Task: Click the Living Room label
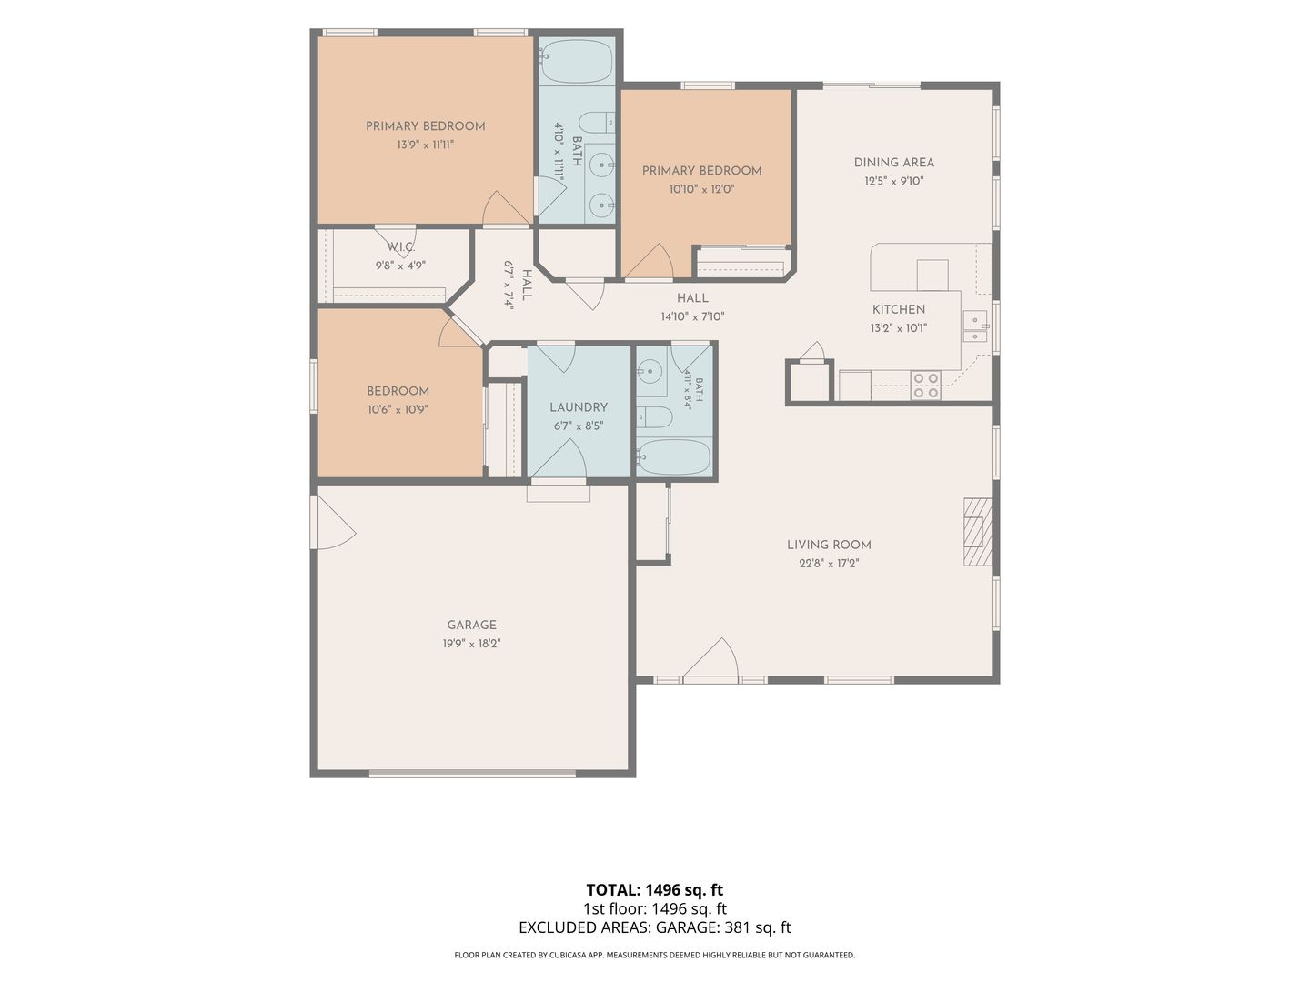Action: point(829,545)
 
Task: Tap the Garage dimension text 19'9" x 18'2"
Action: point(471,644)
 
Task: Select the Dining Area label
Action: point(893,162)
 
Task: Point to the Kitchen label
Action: point(898,309)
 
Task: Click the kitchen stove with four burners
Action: point(926,385)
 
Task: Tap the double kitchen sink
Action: point(974,326)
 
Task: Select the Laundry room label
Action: point(579,407)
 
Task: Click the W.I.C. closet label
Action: point(400,246)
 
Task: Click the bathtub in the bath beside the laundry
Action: point(673,456)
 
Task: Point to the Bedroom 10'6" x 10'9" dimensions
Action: point(398,409)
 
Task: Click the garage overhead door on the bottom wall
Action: point(472,773)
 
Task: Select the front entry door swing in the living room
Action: point(710,658)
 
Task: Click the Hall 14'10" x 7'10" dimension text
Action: point(692,316)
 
